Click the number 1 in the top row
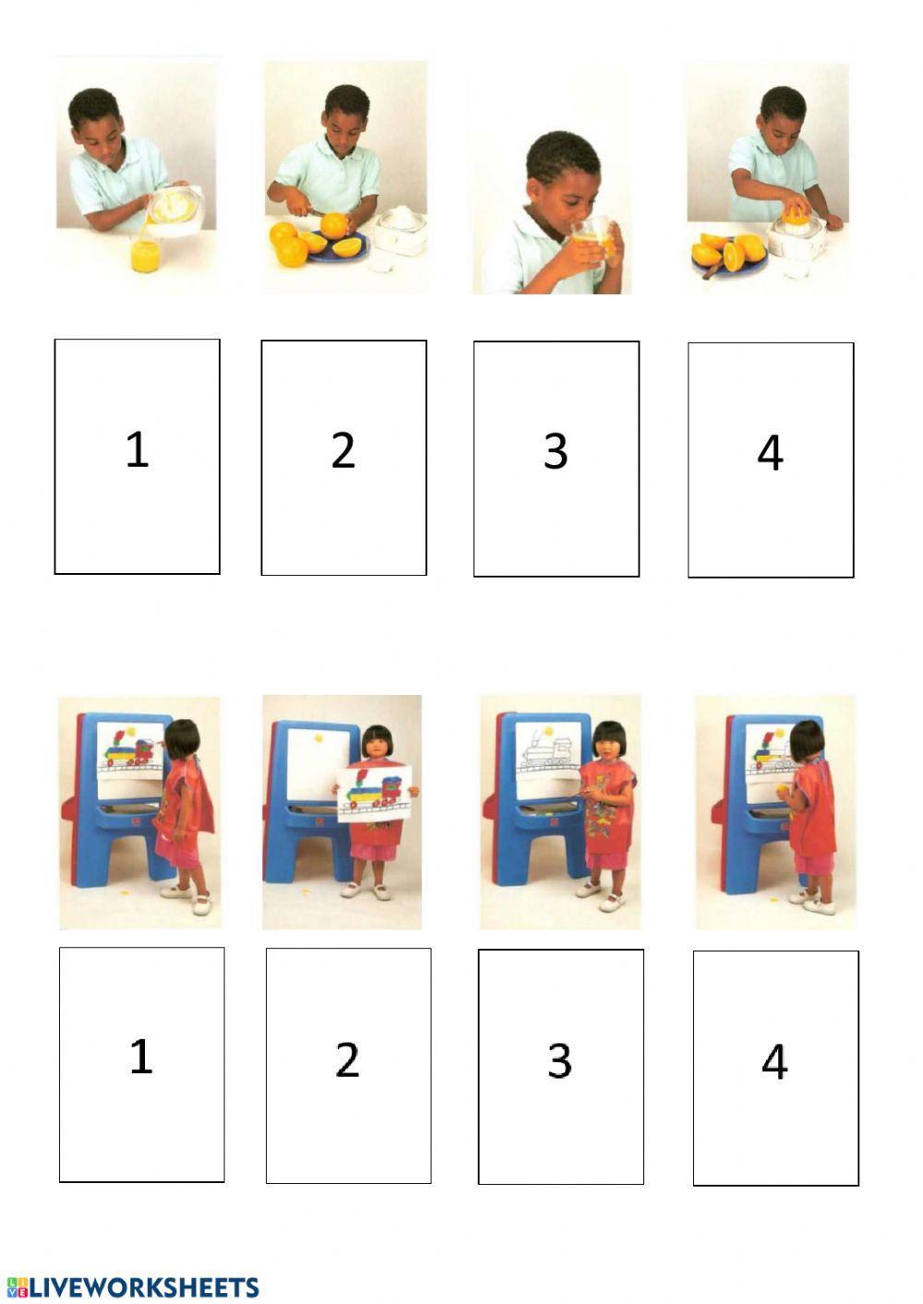click(x=138, y=449)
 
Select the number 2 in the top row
click(x=343, y=450)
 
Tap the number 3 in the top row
click(x=556, y=452)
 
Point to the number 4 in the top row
click(x=770, y=453)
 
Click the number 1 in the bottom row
click(x=141, y=1057)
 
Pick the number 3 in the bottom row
click(x=559, y=1060)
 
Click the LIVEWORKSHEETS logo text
click(x=133, y=1287)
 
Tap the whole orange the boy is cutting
click(x=334, y=225)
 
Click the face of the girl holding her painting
click(x=378, y=748)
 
